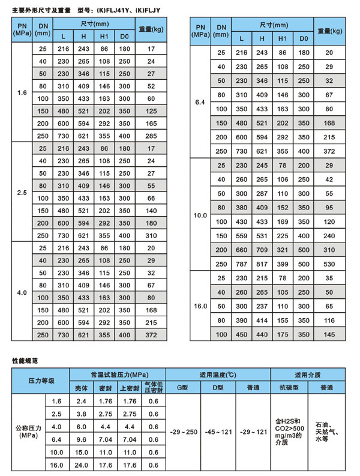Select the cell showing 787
tap(241, 264)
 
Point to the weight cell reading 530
tap(329, 264)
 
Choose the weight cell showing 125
tap(151, 110)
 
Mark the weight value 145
tap(329, 334)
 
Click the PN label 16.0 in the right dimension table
tap(200, 306)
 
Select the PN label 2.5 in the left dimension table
tap(22, 193)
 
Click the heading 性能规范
tap(25, 361)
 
